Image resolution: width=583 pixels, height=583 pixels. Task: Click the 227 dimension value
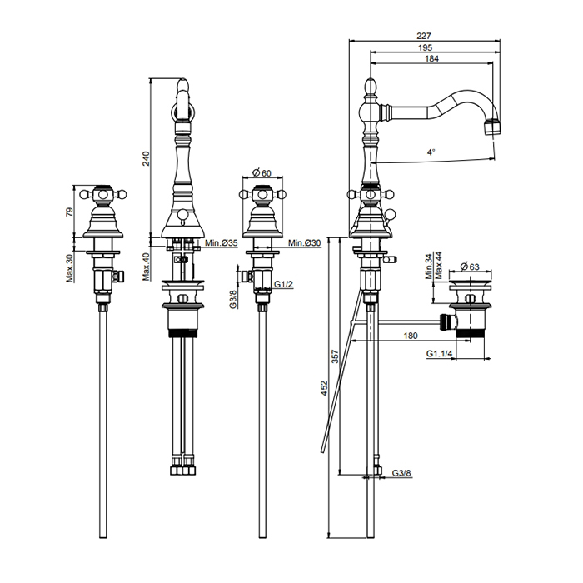tap(423, 36)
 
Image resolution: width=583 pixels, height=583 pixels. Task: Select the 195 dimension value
tap(425, 47)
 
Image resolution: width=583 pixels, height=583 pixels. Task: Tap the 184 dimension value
tap(431, 59)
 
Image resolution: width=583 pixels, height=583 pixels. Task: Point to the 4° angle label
tap(431, 152)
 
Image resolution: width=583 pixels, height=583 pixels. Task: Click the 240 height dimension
tap(146, 159)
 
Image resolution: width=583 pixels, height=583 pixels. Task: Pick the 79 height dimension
tap(70, 212)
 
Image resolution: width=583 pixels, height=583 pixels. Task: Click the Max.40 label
tap(146, 267)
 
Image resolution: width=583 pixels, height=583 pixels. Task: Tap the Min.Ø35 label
tap(222, 243)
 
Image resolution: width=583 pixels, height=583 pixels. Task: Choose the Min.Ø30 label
tap(305, 243)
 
